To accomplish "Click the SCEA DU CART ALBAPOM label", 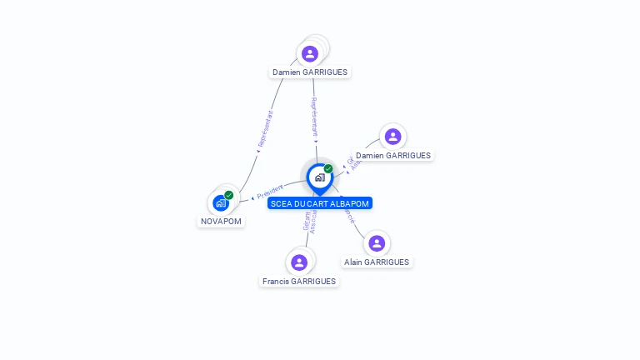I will click(x=320, y=203).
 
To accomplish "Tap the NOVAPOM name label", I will click(x=221, y=222).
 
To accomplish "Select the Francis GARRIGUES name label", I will click(x=299, y=282).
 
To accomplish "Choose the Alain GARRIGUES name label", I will click(x=377, y=262).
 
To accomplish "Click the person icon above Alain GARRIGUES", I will click(x=377, y=243).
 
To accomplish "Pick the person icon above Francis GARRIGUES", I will click(x=299, y=262).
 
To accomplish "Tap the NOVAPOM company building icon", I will click(x=220, y=202).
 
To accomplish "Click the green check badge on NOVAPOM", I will click(x=229, y=195).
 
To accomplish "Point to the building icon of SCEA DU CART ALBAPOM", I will click(x=319, y=177).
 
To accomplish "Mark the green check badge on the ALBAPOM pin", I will click(x=328, y=168).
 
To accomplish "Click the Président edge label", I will click(x=270, y=192).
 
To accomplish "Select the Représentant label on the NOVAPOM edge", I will click(x=265, y=129).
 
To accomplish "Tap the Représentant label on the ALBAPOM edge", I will click(x=314, y=117).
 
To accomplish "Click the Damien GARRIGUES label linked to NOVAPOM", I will click(x=310, y=72).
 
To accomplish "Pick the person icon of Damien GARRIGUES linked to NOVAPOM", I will click(x=310, y=54).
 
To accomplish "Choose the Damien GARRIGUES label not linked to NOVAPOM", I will click(x=393, y=156).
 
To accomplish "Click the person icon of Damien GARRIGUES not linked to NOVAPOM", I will click(x=392, y=137).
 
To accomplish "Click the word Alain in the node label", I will click(x=355, y=262).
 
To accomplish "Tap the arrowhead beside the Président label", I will click(x=252, y=198).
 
